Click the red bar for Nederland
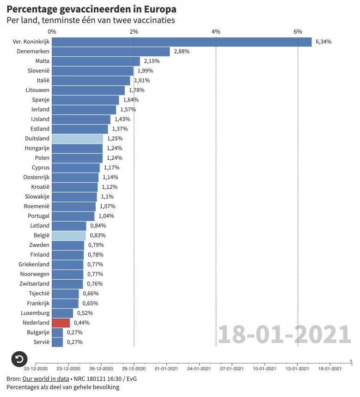61,323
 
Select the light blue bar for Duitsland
77,138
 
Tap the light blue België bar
68,235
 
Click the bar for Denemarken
111,52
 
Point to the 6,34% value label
323,42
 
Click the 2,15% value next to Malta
152,61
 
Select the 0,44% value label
81,323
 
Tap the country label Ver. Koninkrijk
31,42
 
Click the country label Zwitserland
34,284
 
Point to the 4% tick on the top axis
216,31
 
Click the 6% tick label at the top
298,31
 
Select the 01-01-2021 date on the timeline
166,368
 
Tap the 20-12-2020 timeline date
36,368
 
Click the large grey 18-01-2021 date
284,334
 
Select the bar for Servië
57,342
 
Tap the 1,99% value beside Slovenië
145,71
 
